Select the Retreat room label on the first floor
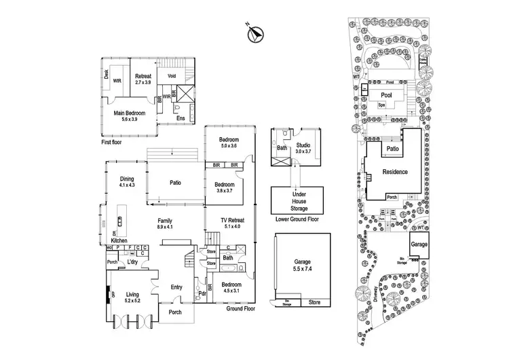coord(143,76)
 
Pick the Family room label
coord(165,221)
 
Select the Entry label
coord(176,287)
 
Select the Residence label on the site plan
coord(396,172)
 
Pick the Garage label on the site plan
coord(418,243)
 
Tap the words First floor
coord(112,144)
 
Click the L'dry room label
coord(132,262)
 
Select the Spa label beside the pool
coord(381,105)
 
